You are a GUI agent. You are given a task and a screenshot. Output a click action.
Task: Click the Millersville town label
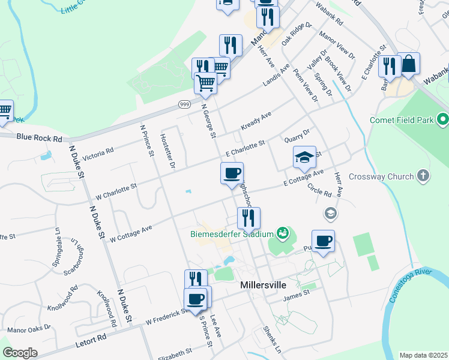pyautogui.click(x=262, y=285)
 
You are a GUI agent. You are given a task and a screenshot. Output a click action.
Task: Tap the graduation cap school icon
pyautogui.click(x=304, y=157)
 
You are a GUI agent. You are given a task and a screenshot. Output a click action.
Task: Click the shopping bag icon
pyautogui.click(x=408, y=64)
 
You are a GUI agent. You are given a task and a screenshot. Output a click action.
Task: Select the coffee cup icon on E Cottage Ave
pyautogui.click(x=232, y=173)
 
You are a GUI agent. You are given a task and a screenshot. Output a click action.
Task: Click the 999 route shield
pyautogui.click(x=184, y=104)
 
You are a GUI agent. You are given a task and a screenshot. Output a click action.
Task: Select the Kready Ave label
pyautogui.click(x=256, y=121)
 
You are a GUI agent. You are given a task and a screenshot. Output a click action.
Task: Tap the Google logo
pyautogui.click(x=19, y=353)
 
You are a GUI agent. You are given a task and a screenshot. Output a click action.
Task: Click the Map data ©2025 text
pyautogui.click(x=423, y=355)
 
